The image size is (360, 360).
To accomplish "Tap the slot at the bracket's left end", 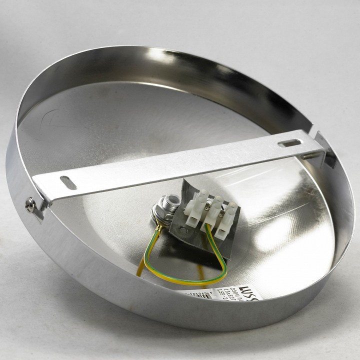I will click(68, 183).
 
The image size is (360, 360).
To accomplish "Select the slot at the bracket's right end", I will click(289, 143).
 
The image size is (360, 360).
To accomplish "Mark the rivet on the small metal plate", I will click(183, 231).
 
